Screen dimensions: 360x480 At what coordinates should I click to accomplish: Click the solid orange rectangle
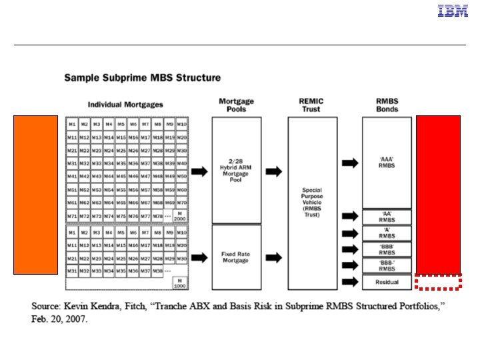coord(36,195)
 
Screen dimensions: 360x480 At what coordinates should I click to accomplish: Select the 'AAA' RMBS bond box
coord(387,163)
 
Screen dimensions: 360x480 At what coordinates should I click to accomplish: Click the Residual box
coord(387,282)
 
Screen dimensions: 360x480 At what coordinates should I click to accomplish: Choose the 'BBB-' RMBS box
coord(387,266)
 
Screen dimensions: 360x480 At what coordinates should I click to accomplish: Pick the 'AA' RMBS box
coord(387,217)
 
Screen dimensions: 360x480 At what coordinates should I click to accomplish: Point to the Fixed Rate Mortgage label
coord(236,257)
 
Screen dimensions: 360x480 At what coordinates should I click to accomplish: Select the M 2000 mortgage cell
coord(181,216)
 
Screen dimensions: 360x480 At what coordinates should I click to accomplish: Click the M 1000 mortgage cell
coord(181,282)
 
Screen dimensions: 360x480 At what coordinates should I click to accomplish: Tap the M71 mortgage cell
coord(72,216)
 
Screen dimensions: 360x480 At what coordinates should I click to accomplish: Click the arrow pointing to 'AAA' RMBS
coord(349,162)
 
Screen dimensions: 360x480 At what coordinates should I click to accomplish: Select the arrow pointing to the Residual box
coord(349,282)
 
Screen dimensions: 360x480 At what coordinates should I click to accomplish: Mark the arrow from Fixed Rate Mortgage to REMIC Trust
coord(273,257)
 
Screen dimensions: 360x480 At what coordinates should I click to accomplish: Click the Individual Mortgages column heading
coord(125,105)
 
